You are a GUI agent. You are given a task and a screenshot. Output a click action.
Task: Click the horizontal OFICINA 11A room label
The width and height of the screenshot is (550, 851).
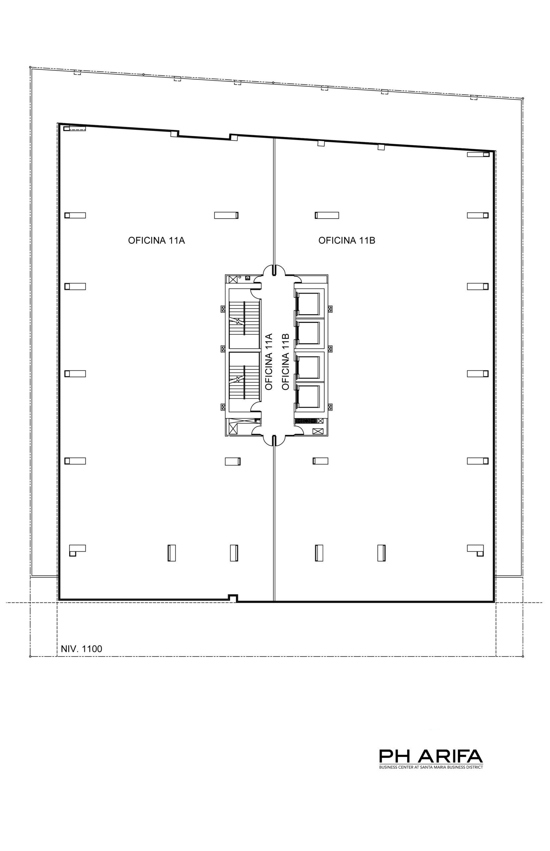pyautogui.click(x=156, y=241)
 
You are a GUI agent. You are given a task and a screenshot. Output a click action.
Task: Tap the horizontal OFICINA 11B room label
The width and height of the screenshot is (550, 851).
pyautogui.click(x=347, y=241)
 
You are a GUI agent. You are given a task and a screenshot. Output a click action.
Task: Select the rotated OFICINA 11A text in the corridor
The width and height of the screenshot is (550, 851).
pyautogui.click(x=269, y=362)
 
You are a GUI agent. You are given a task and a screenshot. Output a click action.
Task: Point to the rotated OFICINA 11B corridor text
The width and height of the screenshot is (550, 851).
pyautogui.click(x=285, y=362)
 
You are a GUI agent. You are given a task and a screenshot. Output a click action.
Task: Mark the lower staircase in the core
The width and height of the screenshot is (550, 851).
pyautogui.click(x=244, y=382)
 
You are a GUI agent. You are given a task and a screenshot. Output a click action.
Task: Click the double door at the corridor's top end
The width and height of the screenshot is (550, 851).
pyautogui.click(x=274, y=270)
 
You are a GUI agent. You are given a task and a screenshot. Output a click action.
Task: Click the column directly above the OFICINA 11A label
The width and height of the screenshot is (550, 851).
pyautogui.click(x=227, y=215)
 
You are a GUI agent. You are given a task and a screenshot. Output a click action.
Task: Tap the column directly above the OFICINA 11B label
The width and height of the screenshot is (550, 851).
pyautogui.click(x=327, y=215)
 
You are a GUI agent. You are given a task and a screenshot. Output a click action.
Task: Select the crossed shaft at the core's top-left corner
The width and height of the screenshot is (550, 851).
pyautogui.click(x=232, y=279)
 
